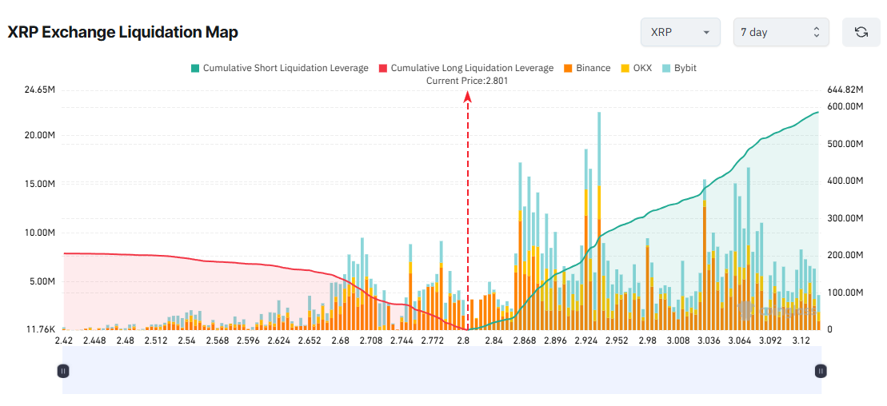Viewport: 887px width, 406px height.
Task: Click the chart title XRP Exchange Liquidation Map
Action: tap(123, 32)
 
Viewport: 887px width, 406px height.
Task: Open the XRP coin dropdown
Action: tap(680, 32)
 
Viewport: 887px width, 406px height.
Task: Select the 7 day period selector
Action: tap(781, 32)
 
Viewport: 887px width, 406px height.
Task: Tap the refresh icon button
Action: tap(861, 32)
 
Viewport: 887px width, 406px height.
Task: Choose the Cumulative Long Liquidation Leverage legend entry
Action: tap(465, 68)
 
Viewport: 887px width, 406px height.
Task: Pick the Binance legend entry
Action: tap(587, 68)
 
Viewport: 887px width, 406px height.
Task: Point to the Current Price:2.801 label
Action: tap(467, 81)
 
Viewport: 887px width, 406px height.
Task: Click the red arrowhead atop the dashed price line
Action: tap(468, 97)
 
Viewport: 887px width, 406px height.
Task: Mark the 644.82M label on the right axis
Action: tap(845, 90)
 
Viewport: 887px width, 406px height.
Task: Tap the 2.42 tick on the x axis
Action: tap(64, 340)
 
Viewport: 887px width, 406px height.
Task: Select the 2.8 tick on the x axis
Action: tap(463, 340)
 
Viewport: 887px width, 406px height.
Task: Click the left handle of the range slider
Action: tap(63, 371)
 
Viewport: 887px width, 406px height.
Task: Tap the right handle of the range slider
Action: tap(821, 371)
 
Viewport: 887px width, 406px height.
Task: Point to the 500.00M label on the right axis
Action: tap(845, 144)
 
